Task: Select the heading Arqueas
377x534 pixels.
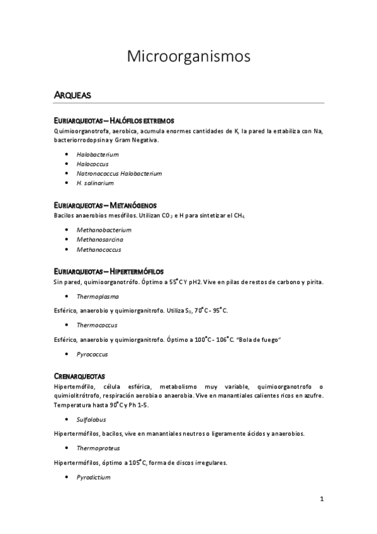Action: coord(73,96)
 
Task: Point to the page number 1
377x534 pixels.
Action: coord(321,500)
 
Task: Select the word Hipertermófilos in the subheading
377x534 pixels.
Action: coord(137,271)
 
